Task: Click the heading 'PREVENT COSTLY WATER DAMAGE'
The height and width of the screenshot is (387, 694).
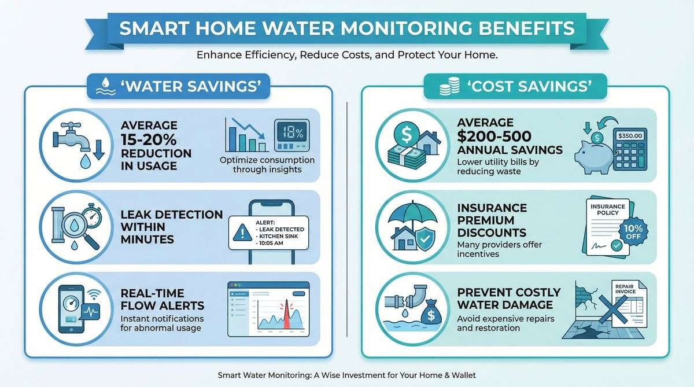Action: point(509,298)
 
